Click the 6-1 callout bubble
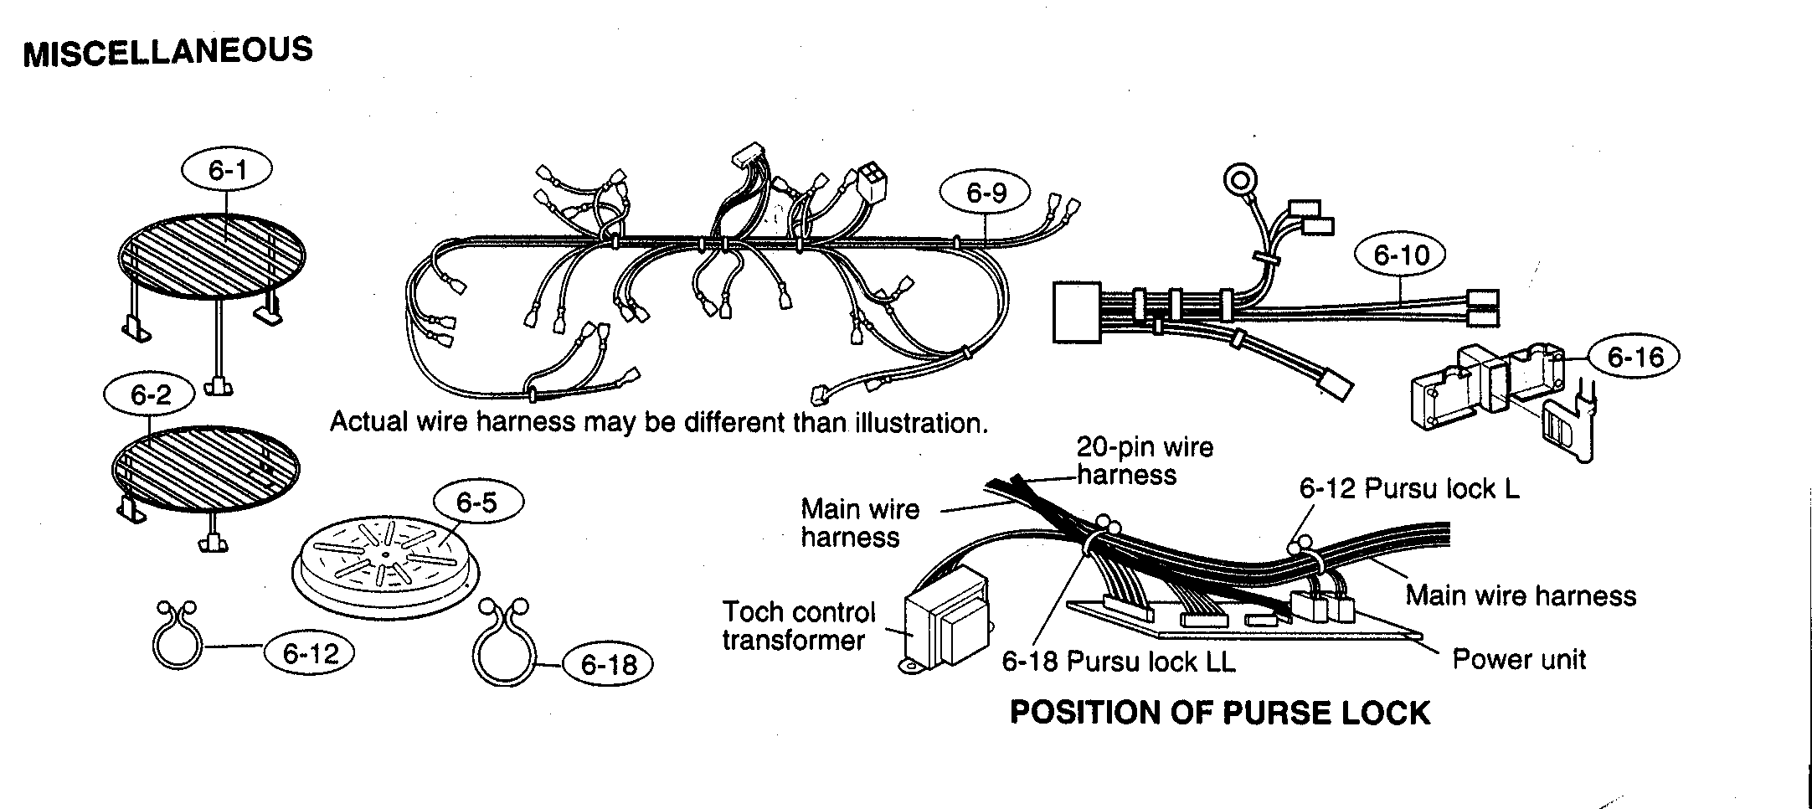click(228, 171)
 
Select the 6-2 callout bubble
click(151, 394)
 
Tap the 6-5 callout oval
click(476, 502)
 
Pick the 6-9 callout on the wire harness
click(986, 193)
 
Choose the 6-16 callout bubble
click(1636, 358)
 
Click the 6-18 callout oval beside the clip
click(608, 665)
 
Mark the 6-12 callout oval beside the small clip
click(310, 654)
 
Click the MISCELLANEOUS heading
click(168, 52)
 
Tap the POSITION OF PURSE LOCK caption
click(1220, 713)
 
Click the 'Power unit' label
click(1518, 659)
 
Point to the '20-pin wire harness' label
click(1143, 461)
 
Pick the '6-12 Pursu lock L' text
click(1408, 488)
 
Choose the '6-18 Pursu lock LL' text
click(1118, 662)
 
